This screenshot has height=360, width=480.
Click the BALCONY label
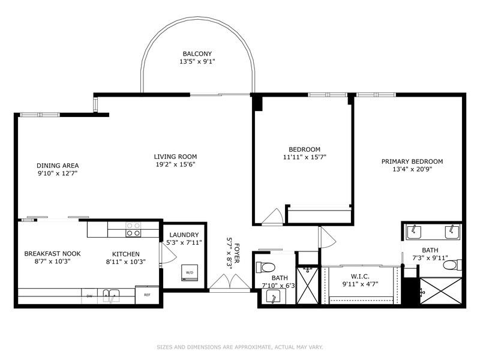197,53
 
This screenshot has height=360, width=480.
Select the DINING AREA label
58,166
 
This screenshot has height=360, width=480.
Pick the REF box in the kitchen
147,295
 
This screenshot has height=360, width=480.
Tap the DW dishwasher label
89,295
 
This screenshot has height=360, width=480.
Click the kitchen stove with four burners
133,229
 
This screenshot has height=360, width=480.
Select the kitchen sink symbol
110,295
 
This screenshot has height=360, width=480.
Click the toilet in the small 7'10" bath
266,266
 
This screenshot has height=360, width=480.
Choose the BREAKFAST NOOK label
52,254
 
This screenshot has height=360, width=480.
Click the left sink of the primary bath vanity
413,231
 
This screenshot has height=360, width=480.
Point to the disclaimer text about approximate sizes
239,347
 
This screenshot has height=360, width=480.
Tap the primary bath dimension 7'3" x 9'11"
430,257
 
